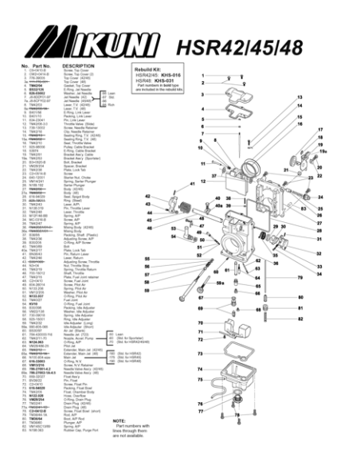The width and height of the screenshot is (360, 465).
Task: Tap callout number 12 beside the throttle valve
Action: pos(204,182)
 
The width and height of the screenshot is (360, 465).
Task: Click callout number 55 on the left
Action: pos(147,259)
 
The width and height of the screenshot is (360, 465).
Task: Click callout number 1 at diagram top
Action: pos(202,75)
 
